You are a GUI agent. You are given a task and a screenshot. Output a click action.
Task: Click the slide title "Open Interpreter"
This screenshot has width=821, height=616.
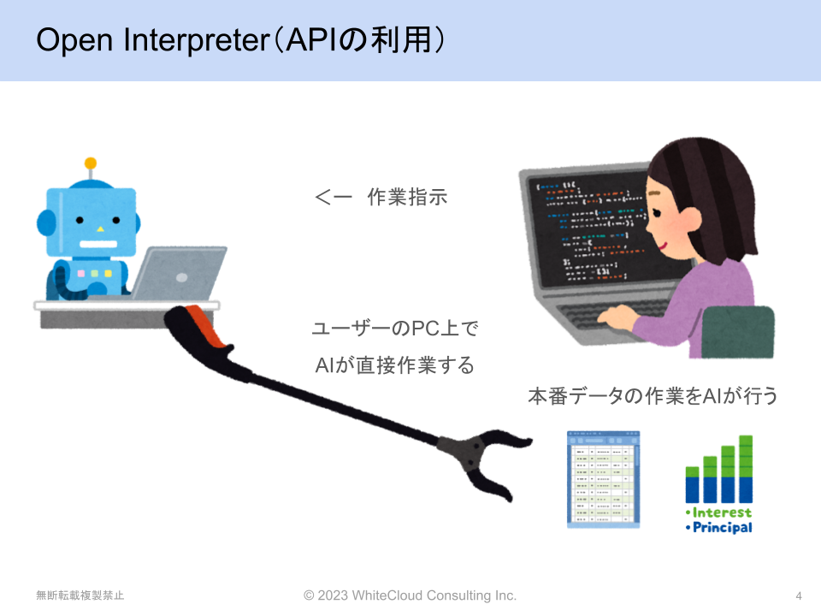pyautogui.click(x=152, y=40)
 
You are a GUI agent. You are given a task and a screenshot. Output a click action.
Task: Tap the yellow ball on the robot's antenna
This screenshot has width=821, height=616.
pyautogui.click(x=91, y=163)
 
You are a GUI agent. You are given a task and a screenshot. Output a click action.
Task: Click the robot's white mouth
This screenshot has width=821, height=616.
pyautogui.click(x=98, y=244)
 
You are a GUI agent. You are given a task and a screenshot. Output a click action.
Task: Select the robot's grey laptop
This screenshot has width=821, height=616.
pyautogui.click(x=178, y=274)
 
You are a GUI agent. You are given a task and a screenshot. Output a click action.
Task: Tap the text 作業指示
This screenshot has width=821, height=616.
pyautogui.click(x=407, y=197)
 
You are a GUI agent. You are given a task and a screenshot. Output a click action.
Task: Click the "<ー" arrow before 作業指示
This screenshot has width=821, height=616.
pyautogui.click(x=334, y=198)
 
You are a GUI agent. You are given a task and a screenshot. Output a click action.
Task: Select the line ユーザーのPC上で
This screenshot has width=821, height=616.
pyautogui.click(x=395, y=329)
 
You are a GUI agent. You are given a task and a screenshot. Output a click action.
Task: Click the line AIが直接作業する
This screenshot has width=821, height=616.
pyautogui.click(x=395, y=365)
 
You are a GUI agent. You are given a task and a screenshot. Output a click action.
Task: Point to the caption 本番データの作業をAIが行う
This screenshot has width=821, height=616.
pyautogui.click(x=653, y=396)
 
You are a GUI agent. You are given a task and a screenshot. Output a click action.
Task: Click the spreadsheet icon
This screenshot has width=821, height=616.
pyautogui.click(x=603, y=479)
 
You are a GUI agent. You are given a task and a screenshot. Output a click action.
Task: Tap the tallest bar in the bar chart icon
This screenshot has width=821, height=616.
pyautogui.click(x=746, y=469)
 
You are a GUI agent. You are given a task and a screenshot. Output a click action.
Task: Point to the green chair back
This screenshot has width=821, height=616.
pyautogui.click(x=738, y=332)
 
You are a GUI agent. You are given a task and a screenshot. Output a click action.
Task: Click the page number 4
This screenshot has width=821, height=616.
pyautogui.click(x=799, y=595)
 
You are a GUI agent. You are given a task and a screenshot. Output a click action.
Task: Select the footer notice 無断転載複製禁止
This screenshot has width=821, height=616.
pyautogui.click(x=80, y=595)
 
